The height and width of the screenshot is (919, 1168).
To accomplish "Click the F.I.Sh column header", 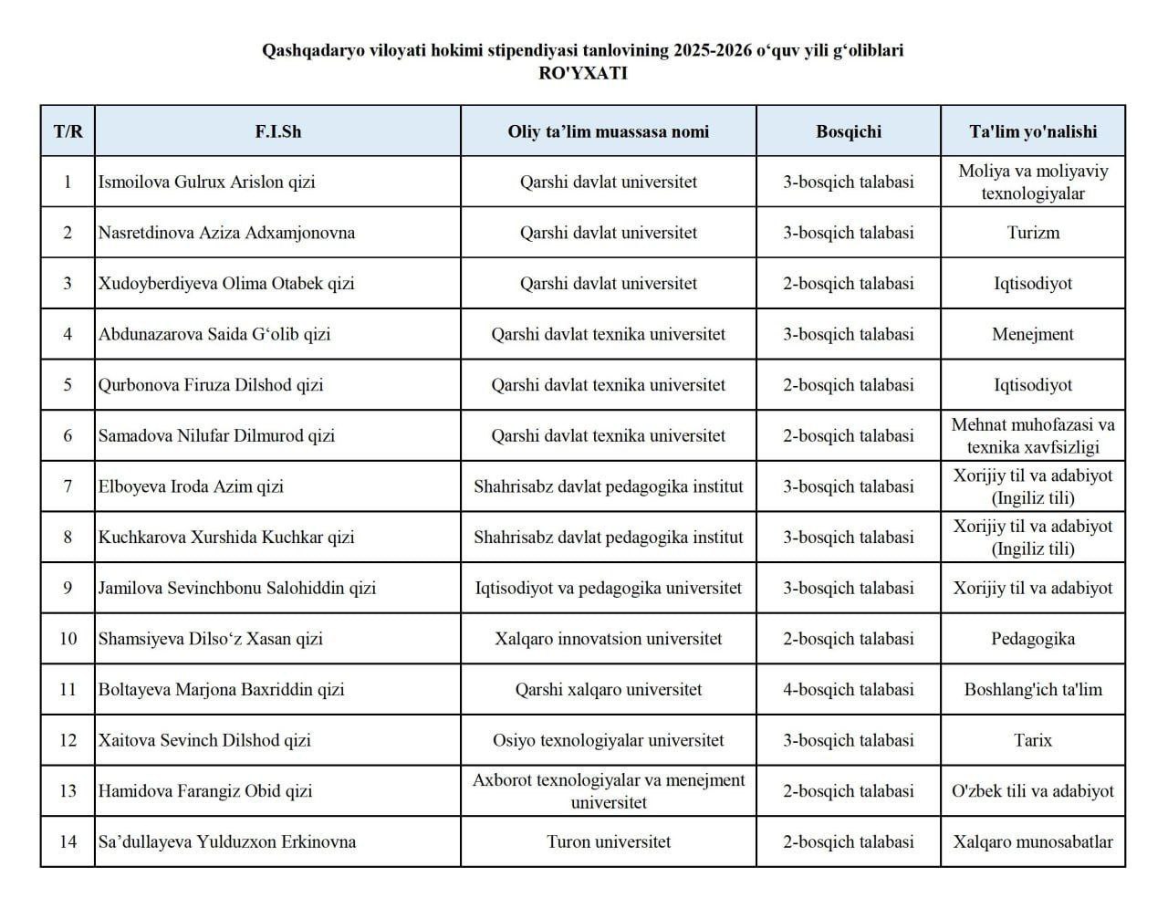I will (x=277, y=131).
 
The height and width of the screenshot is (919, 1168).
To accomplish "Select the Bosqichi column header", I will (x=849, y=131).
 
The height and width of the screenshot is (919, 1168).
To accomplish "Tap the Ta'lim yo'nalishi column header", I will (x=1033, y=131).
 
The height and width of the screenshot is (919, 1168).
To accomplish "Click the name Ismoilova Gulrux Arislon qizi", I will (x=207, y=182).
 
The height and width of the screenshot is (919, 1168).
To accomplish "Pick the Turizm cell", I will (x=1033, y=233).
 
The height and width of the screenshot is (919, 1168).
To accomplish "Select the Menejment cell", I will (x=1033, y=334).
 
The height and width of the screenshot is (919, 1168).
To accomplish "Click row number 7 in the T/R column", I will (x=68, y=486).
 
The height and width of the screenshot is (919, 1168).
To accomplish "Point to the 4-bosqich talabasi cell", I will (x=849, y=690).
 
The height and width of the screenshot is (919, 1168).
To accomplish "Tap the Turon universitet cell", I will (x=609, y=841).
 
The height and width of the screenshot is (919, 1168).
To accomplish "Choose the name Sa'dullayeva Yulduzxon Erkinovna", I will (x=227, y=841).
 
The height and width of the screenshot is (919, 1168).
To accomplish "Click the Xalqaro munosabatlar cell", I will (x=1033, y=841).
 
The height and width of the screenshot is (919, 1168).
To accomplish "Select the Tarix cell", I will (x=1033, y=740).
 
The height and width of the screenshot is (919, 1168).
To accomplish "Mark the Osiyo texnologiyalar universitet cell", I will (x=609, y=740).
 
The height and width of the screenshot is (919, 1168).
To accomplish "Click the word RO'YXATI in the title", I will (x=583, y=74).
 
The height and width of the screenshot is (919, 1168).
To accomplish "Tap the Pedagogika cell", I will (x=1033, y=639).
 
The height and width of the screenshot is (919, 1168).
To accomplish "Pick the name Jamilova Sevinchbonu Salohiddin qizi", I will (x=237, y=588).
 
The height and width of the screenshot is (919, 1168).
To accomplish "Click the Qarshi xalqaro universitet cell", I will (x=609, y=690).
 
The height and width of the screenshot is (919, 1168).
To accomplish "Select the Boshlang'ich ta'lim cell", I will (x=1033, y=690).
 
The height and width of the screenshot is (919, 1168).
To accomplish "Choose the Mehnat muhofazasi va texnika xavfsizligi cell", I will (x=1033, y=435).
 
